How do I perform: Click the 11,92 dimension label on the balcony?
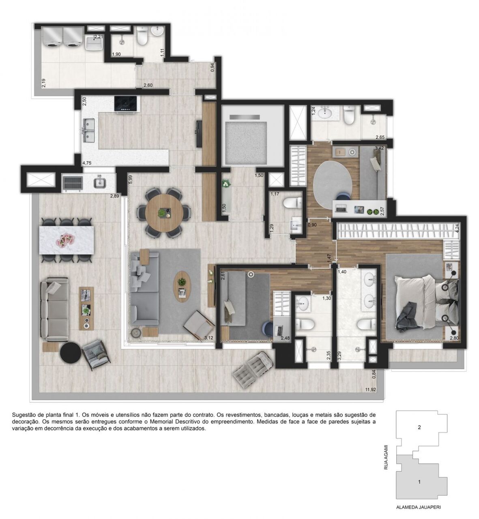(x=370, y=390)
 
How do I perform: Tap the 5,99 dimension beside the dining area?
(x=130, y=180)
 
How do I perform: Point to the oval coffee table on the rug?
(x=182, y=285)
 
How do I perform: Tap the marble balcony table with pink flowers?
(x=67, y=240)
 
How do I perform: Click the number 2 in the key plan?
(x=419, y=427)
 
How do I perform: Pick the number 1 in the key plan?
(x=419, y=482)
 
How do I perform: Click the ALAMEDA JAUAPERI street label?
(x=419, y=507)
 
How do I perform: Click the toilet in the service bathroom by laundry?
(x=142, y=38)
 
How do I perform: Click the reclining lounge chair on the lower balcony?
(x=251, y=367)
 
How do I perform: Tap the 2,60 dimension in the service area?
(x=148, y=85)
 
